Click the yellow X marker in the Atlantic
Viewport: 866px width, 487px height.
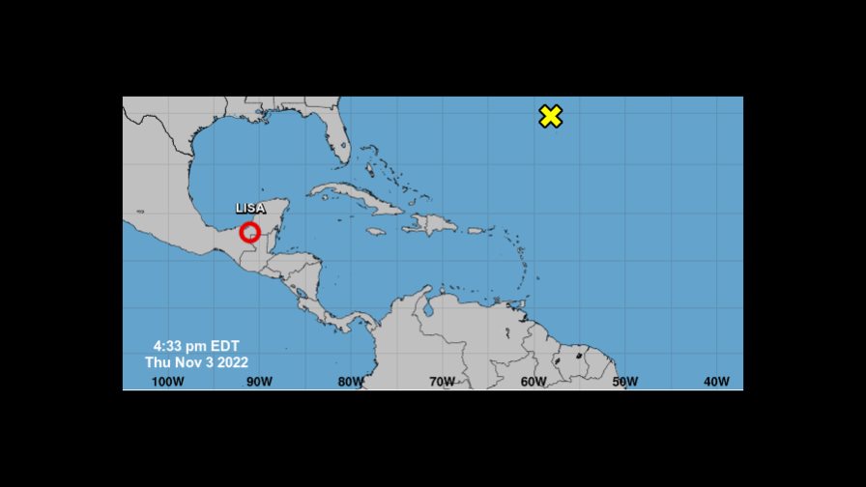550,117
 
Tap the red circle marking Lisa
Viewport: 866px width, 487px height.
250,232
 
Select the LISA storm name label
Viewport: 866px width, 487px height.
250,209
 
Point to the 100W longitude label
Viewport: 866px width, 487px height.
167,382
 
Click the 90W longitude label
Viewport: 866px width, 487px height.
258,382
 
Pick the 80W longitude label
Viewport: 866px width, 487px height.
350,382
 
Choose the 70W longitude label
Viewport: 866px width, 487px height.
442,382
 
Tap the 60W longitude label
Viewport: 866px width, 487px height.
534,382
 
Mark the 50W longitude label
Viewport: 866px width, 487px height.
624,382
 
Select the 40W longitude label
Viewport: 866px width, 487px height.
716,382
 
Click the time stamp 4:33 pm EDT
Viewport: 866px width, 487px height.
196,346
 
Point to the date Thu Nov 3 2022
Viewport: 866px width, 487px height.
196,362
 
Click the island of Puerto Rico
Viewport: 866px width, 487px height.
476,231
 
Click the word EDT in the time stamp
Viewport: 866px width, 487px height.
224,346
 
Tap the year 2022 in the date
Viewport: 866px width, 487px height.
232,362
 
